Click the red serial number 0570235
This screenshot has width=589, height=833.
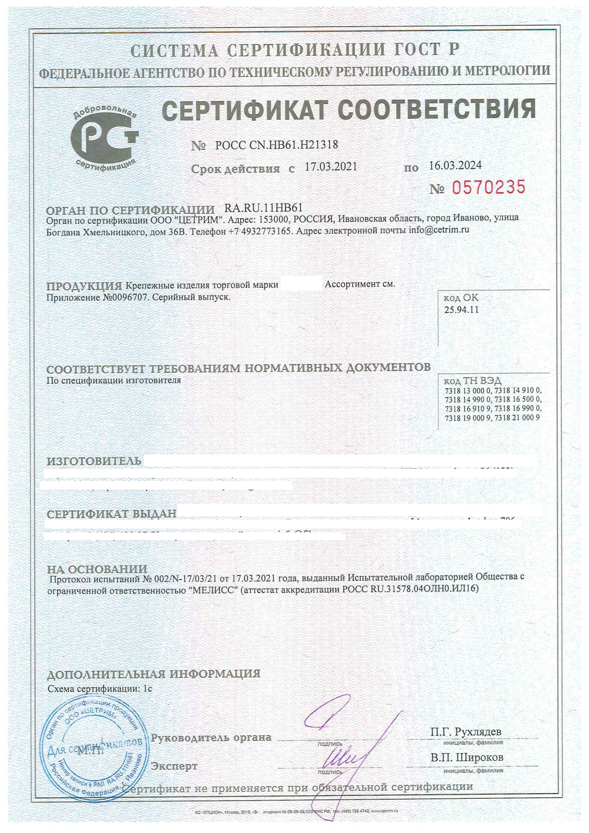tap(488, 188)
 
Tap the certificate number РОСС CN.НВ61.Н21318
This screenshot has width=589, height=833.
tap(276, 145)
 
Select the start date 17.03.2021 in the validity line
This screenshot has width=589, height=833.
tap(331, 167)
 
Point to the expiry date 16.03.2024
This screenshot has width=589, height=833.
tap(455, 165)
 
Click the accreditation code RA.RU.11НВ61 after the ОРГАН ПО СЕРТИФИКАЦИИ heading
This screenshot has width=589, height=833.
tap(263, 208)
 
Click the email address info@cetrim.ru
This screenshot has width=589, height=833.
tap(439, 230)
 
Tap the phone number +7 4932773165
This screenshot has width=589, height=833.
tap(259, 232)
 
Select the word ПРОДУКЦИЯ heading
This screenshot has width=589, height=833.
tap(84, 286)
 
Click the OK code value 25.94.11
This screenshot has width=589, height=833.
tap(461, 310)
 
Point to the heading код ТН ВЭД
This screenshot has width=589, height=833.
tap(472, 381)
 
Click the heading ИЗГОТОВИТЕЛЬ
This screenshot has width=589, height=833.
tap(94, 461)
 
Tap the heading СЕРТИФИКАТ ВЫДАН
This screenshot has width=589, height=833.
tap(112, 514)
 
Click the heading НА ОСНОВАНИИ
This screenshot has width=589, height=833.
tap(97, 568)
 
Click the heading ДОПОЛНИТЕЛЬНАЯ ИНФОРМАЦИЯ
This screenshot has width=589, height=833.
tap(154, 673)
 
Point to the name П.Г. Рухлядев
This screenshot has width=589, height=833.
tap(465, 732)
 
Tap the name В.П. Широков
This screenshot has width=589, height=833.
tap(466, 757)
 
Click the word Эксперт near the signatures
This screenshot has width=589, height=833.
tap(174, 766)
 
